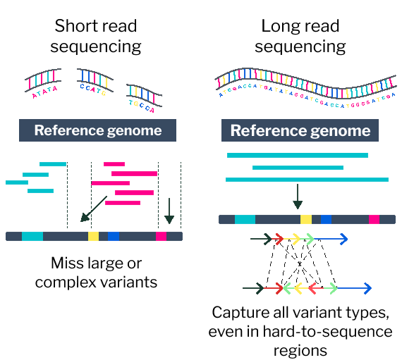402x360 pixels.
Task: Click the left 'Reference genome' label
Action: pos(97,130)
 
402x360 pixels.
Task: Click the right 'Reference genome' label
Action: pos(300,130)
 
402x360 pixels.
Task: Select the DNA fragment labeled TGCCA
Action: pos(144,97)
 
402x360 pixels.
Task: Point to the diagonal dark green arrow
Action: pos(93,209)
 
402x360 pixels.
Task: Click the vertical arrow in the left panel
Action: pos(169,210)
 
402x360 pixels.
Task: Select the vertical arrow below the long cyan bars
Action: pos(298,196)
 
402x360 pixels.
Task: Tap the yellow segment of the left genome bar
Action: pos(93,237)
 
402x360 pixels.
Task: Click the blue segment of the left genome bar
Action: pos(114,237)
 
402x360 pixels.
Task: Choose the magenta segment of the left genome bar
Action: pos(162,237)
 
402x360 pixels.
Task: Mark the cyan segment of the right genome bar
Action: pos(245,220)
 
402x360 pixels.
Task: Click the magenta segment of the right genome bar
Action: pos(374,220)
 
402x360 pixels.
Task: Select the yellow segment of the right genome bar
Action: pos(305,220)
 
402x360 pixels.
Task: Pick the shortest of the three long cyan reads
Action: pos(298,168)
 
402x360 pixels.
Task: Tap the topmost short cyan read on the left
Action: pos(53,164)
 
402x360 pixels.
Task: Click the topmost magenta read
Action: pos(114,164)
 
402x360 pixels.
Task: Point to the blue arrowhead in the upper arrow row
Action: pos(343,240)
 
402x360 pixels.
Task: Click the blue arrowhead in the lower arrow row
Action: pos(367,288)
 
